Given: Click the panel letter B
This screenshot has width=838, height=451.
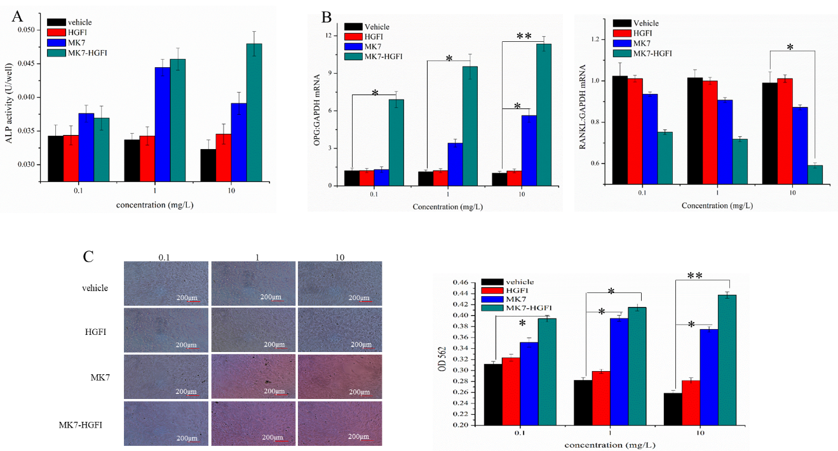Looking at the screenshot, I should pos(326,17).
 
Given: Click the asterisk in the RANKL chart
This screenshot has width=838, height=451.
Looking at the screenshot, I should pos(790,48).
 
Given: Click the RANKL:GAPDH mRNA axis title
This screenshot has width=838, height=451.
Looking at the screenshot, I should pos(582,110).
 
